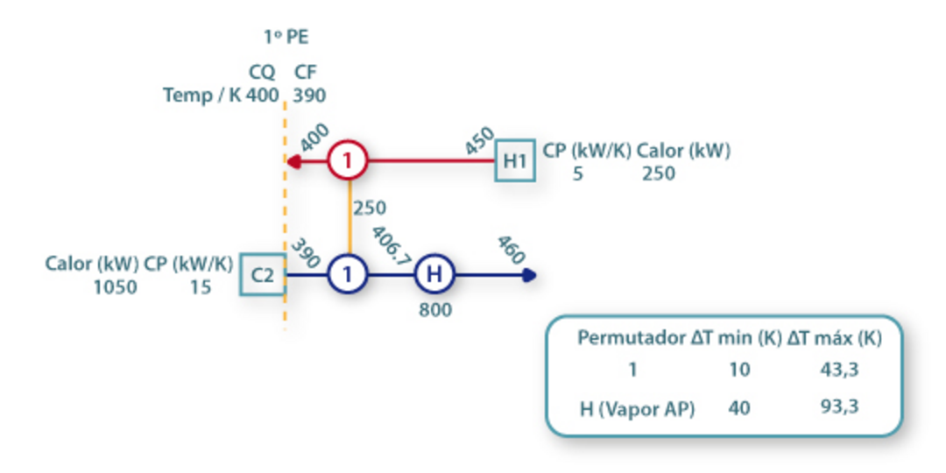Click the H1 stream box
(x=514, y=160)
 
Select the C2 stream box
(x=262, y=275)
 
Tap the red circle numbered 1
(x=348, y=160)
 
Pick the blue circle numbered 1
(x=348, y=275)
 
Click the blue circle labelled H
(x=434, y=275)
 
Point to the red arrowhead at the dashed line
(x=293, y=161)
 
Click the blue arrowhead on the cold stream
(x=528, y=275)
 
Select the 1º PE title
(x=286, y=37)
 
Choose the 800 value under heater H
(x=434, y=309)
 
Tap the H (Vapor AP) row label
(x=637, y=407)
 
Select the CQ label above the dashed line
(x=261, y=73)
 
